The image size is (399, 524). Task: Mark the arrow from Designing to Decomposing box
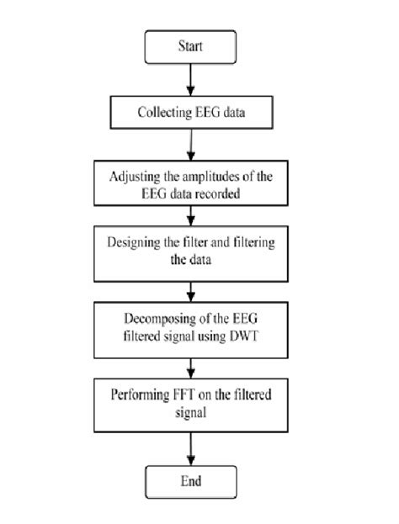[x=194, y=290]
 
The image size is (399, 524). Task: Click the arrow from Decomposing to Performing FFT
[x=194, y=366]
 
